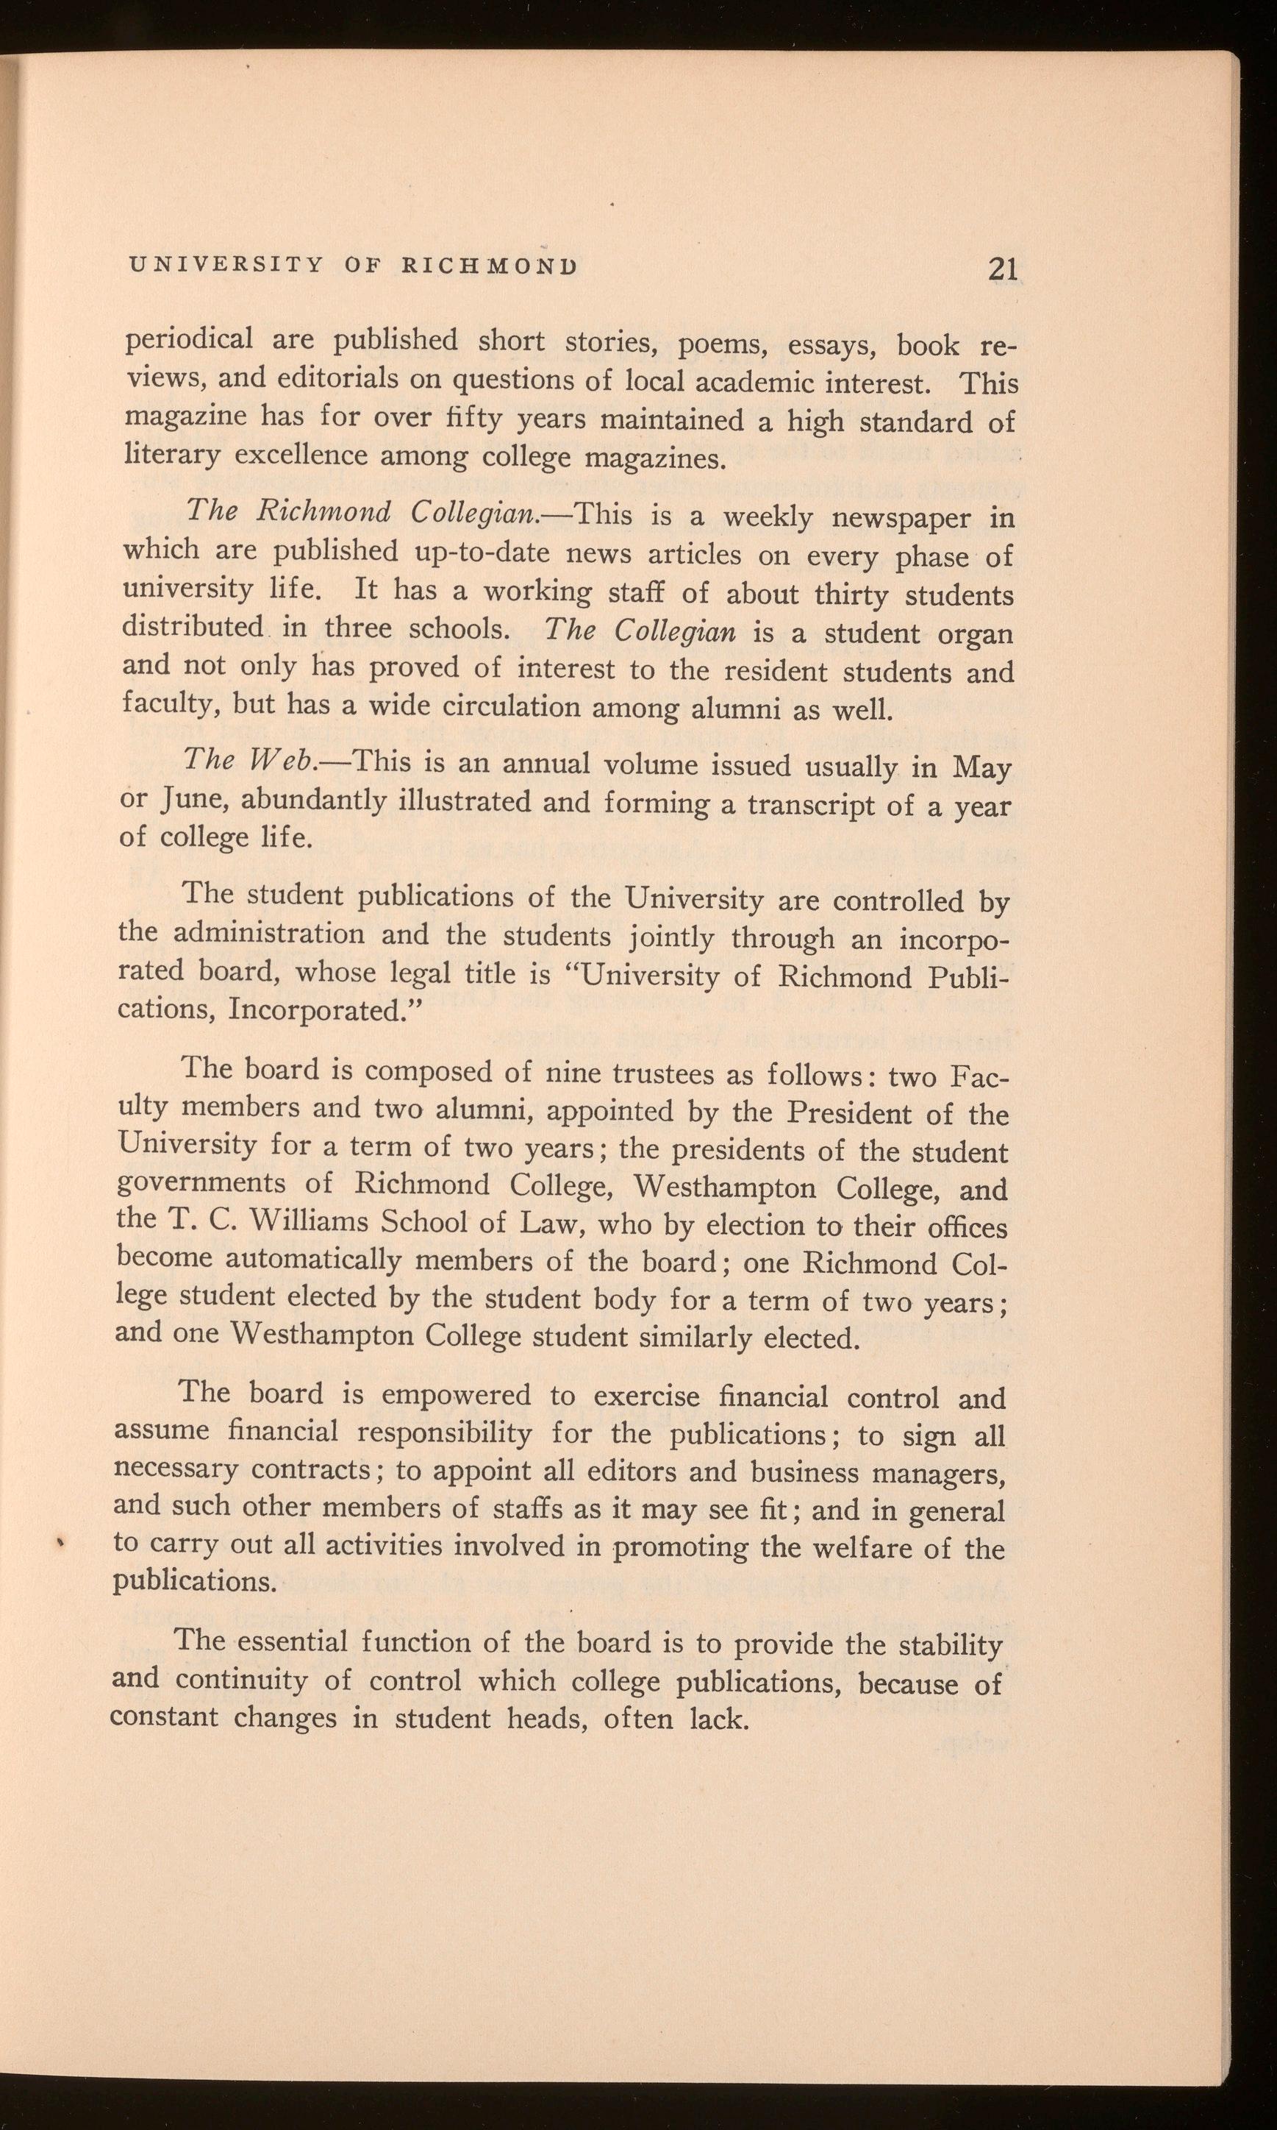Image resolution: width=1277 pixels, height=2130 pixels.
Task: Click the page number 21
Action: tap(1004, 269)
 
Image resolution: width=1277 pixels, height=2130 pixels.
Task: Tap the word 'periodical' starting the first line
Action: tap(190, 339)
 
